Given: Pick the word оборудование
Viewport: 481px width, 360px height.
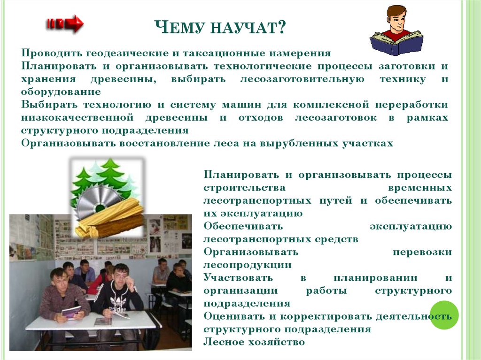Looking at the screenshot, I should [x=61, y=92].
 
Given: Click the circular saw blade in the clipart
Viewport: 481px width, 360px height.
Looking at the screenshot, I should [x=94, y=202].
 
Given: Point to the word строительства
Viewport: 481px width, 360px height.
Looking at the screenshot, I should [x=244, y=188].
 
